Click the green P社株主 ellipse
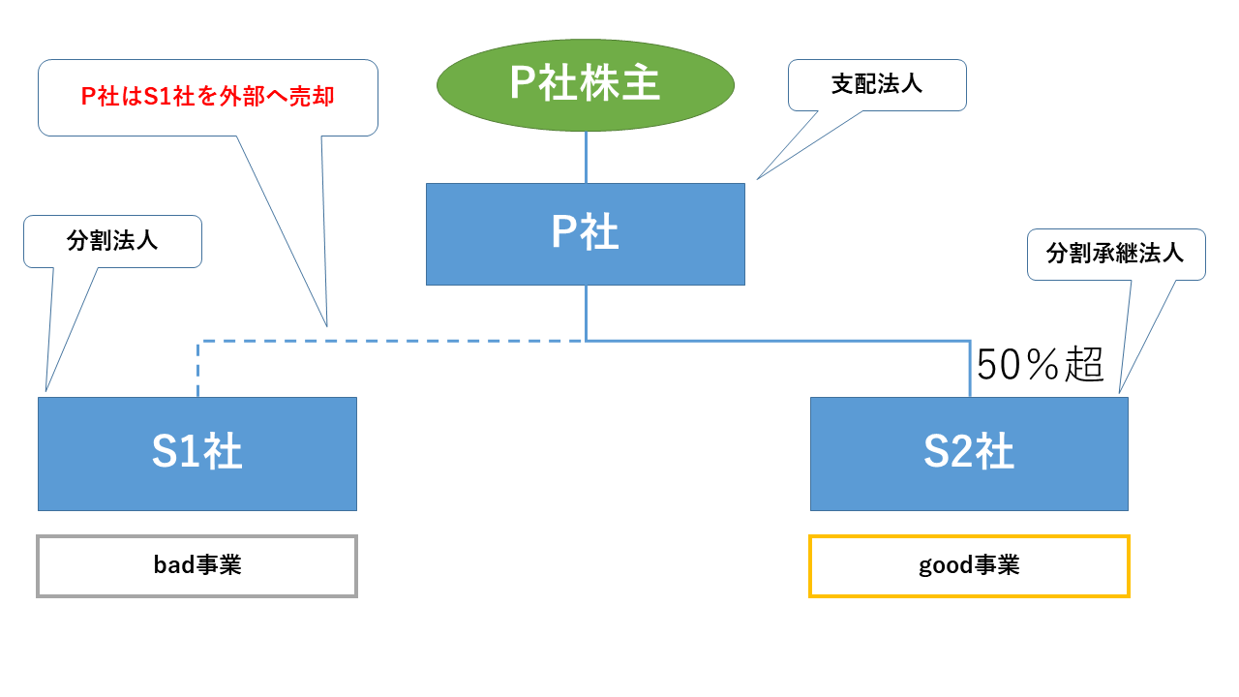point(586,84)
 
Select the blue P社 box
point(586,234)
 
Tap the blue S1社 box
point(197,454)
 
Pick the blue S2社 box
point(969,454)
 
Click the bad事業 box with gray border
point(196,566)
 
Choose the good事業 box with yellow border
point(969,566)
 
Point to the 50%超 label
point(1040,365)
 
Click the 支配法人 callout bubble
point(877,85)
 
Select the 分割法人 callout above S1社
point(113,242)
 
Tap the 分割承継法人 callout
point(1116,255)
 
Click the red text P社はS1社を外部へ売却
point(207,96)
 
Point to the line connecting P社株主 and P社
point(586,157)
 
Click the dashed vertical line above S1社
point(198,369)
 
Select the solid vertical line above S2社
point(970,369)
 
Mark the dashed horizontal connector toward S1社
point(392,342)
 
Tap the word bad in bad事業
point(173,565)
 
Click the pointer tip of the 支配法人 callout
point(757,179)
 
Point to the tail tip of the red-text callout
point(327,326)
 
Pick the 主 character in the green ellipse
point(641,83)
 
